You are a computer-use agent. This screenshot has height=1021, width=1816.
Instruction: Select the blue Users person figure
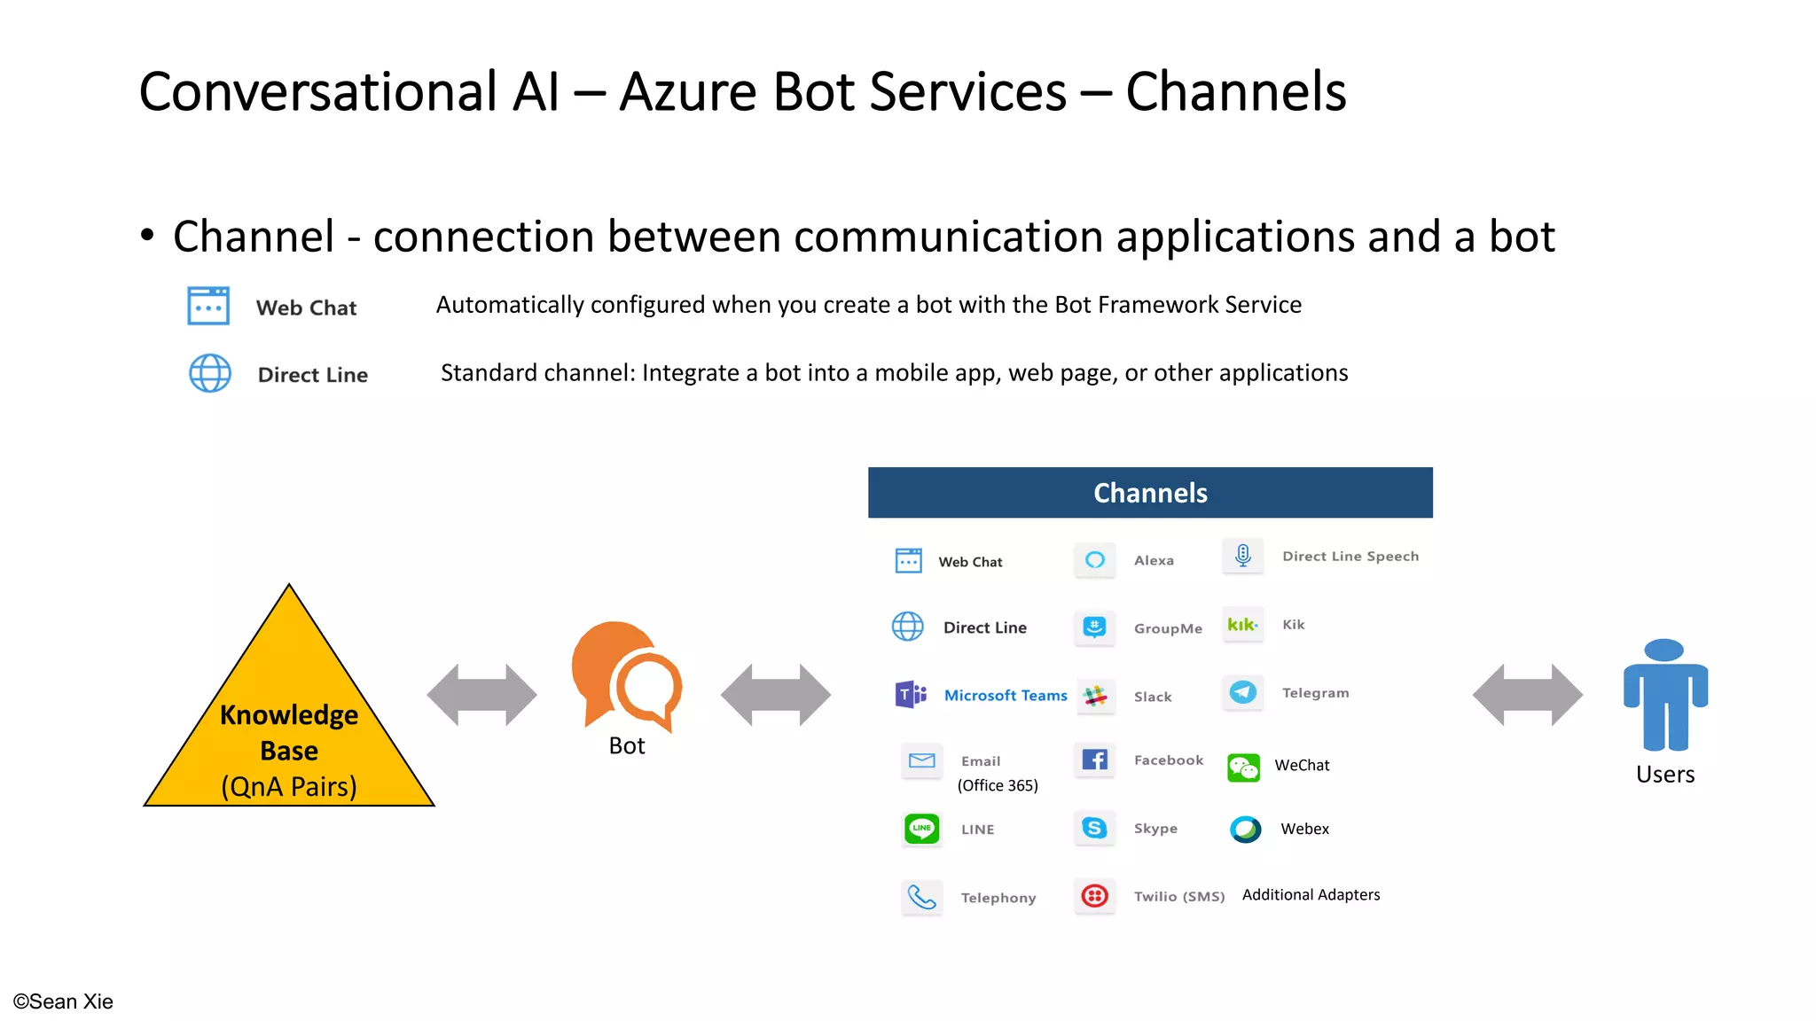1665,696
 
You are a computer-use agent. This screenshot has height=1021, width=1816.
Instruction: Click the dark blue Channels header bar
1150,493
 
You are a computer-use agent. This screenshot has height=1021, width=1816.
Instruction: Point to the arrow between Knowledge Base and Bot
481,695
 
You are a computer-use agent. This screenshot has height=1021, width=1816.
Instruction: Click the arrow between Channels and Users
1527,695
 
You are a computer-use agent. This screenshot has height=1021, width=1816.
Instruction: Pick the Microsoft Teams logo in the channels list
911,694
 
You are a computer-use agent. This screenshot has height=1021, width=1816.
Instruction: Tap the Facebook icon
1095,760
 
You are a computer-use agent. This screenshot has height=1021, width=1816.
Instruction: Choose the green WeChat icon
1243,767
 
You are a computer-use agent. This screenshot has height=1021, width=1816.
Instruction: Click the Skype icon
1095,828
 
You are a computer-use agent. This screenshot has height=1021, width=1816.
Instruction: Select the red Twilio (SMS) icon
1095,896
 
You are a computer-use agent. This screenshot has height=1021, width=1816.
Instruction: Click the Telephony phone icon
921,898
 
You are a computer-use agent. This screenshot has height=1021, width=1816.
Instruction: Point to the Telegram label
1315,693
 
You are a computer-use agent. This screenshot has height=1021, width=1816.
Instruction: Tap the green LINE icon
921,829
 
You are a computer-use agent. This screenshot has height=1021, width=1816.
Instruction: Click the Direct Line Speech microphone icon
1243,556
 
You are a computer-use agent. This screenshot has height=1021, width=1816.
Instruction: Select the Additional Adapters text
1311,895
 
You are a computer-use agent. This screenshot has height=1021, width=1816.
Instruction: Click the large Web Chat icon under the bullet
208,307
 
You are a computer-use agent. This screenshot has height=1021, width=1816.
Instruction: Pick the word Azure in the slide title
687,92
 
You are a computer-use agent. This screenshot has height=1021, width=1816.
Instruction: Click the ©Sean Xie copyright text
63,1002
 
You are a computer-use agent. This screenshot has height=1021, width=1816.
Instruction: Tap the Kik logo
1242,624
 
